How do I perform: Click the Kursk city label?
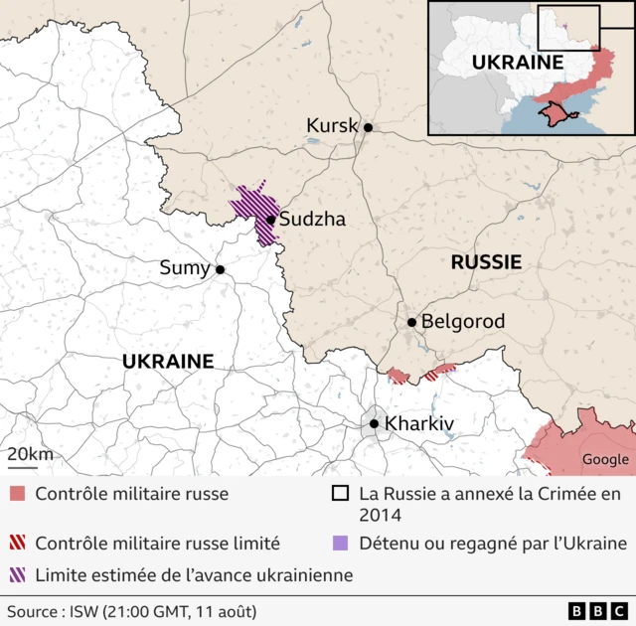pyautogui.click(x=332, y=126)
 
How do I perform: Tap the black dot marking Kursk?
pyautogui.click(x=368, y=127)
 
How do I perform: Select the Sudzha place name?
pyautogui.click(x=312, y=220)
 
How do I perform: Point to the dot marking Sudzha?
pyautogui.click(x=270, y=221)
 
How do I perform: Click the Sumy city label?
pyautogui.click(x=185, y=268)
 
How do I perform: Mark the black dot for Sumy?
pyautogui.click(x=220, y=269)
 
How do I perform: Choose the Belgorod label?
pyautogui.click(x=463, y=322)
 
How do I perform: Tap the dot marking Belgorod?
pyautogui.click(x=411, y=322)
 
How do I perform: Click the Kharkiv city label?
pyautogui.click(x=419, y=424)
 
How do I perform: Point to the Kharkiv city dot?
pyautogui.click(x=374, y=424)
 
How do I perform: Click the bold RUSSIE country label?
pyautogui.click(x=486, y=262)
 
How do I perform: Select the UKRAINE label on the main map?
pyautogui.click(x=168, y=362)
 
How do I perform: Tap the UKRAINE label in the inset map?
pyautogui.click(x=517, y=62)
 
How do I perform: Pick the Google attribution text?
pyautogui.click(x=605, y=459)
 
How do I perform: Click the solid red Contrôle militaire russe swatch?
pyautogui.click(x=17, y=494)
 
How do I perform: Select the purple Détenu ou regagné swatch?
pyautogui.click(x=341, y=544)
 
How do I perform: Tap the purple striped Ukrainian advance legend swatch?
pyautogui.click(x=17, y=574)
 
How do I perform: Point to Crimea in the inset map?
pyautogui.click(x=557, y=116)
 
